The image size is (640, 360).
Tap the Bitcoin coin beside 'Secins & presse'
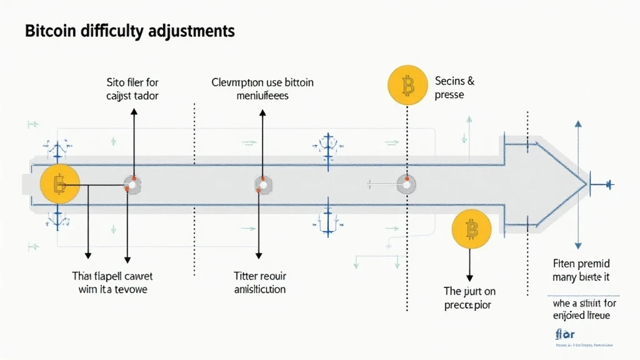pos(407,86)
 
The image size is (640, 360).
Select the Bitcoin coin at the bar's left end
pos(59,184)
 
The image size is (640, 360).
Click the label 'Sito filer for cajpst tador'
pos(132,89)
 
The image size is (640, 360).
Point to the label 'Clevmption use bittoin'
pos(262,82)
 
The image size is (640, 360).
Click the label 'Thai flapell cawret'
pos(112,276)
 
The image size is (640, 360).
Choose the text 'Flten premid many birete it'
pos(581,269)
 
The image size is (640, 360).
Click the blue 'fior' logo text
pos(564,332)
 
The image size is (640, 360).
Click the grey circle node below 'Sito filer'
pos(132,184)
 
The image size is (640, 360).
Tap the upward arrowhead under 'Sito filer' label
pos(134,111)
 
